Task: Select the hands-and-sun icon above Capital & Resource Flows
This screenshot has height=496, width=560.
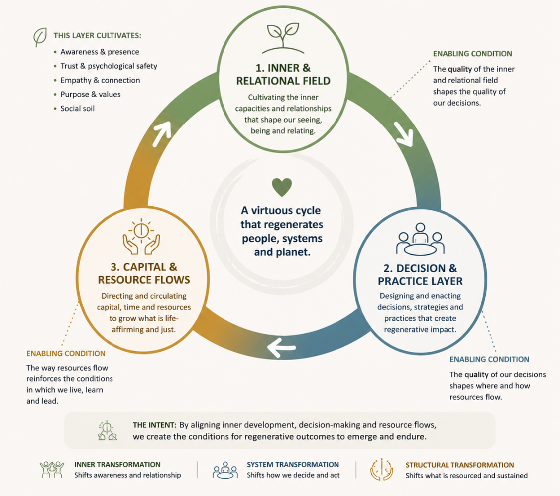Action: pos(141,237)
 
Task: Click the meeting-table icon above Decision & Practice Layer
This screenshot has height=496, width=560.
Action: pos(420,239)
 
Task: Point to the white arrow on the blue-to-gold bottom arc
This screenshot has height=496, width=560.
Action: pos(281,347)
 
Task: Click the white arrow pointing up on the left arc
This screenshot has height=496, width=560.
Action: pos(161,133)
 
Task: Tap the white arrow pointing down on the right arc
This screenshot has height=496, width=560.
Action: pos(404,134)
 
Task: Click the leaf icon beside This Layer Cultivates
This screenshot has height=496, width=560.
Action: pos(40,37)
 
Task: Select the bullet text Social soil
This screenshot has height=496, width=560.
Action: pos(78,108)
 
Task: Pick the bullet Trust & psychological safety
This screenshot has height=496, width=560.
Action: pos(109,66)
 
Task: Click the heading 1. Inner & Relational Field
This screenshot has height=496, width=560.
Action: pos(283,74)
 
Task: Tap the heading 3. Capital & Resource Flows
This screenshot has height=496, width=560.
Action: pos(144,273)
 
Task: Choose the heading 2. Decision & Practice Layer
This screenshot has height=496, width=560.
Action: pos(420,275)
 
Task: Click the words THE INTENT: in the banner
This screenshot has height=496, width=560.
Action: pos(155,425)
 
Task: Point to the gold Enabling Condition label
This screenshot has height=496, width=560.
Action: pos(66,354)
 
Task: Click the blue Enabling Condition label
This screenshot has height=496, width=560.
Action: pos(489,359)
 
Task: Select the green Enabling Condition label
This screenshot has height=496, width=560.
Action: pos(472,54)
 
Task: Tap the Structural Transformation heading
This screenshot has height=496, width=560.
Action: pos(459,465)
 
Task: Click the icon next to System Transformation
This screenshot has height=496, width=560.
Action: pos(225,470)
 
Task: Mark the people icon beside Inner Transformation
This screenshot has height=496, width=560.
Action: pos(52,470)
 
